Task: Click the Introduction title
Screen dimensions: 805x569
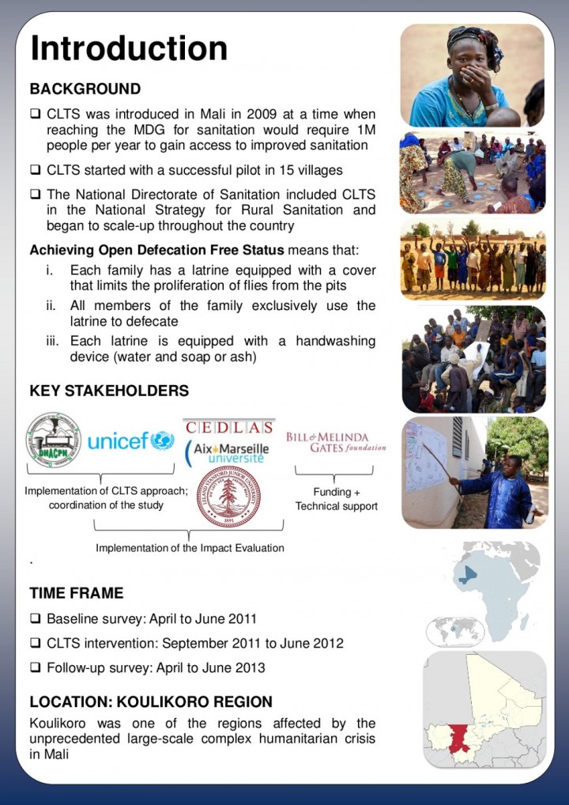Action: point(129,48)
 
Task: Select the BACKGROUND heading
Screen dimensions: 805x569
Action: point(85,89)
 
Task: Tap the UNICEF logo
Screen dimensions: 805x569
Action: point(130,440)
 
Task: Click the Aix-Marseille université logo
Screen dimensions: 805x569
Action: point(228,452)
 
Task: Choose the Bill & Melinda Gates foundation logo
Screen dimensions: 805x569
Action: point(336,442)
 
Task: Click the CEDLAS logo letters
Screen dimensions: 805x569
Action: point(229,427)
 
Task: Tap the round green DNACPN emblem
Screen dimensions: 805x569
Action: point(53,440)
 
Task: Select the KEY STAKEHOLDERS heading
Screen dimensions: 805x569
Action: point(109,391)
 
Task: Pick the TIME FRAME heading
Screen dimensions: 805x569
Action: point(77,593)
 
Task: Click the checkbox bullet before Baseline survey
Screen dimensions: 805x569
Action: point(35,619)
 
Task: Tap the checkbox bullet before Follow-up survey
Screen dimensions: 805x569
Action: point(35,668)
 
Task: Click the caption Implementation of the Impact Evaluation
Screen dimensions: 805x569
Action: point(190,547)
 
